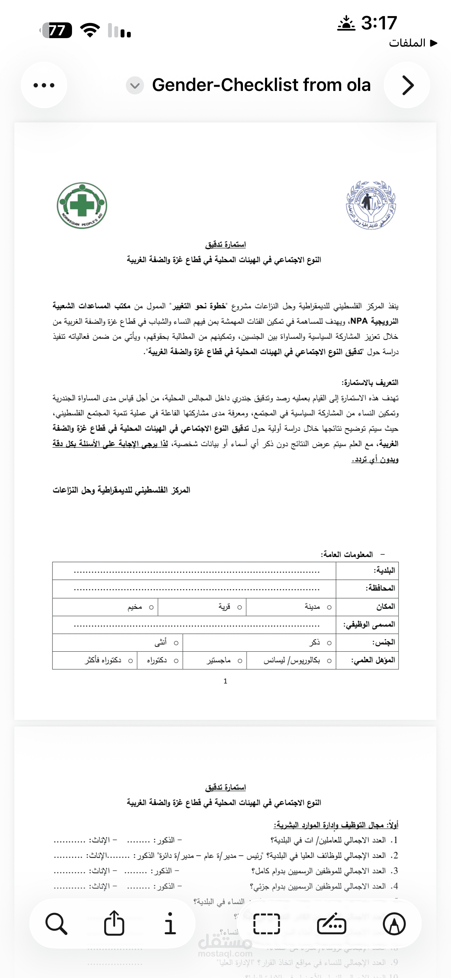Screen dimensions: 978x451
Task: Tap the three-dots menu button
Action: pos(44,85)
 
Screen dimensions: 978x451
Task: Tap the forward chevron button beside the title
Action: pos(407,85)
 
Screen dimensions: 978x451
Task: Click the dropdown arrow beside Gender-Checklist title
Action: pos(135,85)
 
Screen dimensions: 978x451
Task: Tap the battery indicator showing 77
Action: pos(57,30)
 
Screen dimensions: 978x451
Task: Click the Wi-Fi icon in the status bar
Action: pos(90,30)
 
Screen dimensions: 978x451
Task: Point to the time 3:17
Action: pos(379,23)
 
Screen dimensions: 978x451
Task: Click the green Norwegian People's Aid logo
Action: pos(82,205)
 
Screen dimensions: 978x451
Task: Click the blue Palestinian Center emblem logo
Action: pos(371,205)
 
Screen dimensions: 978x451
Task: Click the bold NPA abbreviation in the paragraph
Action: pos(359,321)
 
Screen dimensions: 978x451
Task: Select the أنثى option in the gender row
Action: pos(176,643)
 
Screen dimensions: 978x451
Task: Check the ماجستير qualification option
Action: pos(239,661)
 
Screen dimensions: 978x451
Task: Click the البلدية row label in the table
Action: pos(384,570)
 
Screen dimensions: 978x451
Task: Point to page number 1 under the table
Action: pos(225,681)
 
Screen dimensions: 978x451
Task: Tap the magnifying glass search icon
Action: pos(56,924)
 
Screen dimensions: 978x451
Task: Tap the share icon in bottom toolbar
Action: pos(114,923)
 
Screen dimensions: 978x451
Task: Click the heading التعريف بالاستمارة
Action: pos(370,382)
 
